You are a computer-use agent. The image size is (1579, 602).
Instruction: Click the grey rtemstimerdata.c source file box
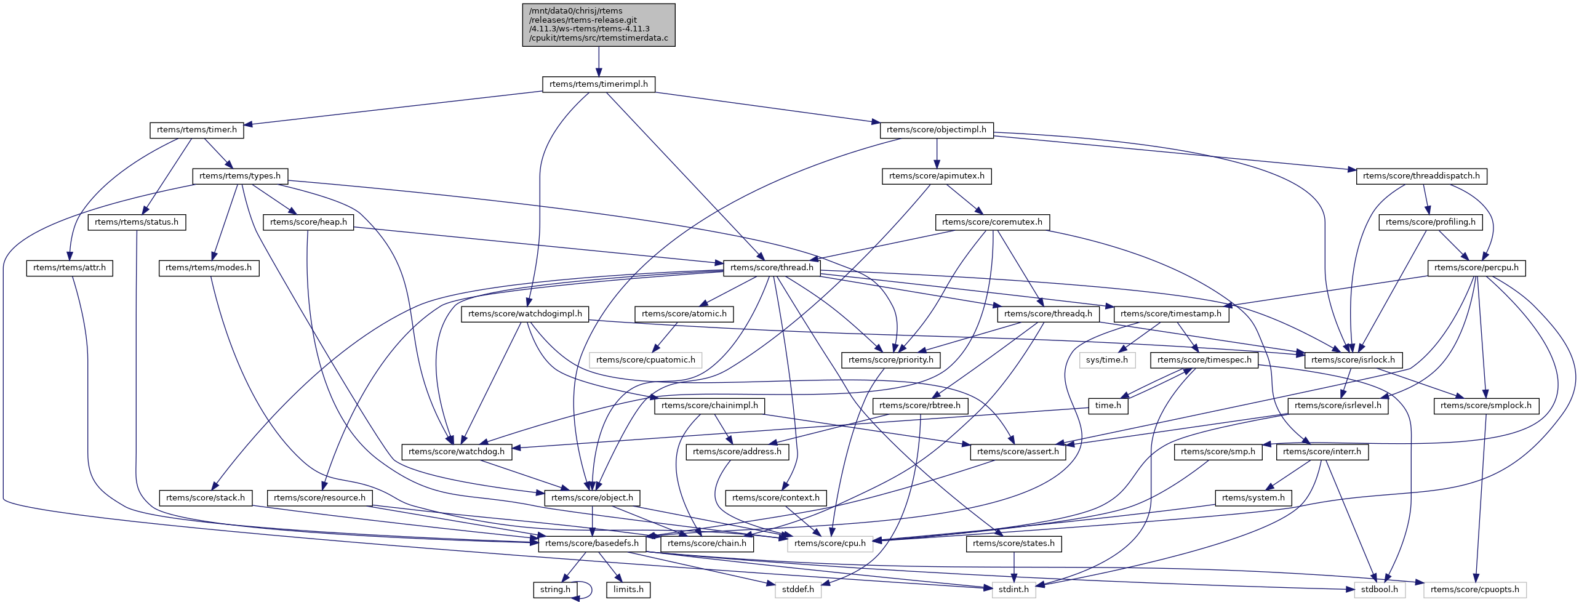(598, 25)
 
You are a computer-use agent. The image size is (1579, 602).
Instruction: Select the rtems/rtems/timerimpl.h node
(598, 84)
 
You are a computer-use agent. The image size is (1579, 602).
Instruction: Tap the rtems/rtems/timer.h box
(196, 130)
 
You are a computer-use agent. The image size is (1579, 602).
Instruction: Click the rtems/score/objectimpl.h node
(936, 130)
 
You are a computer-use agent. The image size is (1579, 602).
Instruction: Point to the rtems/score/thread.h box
(771, 268)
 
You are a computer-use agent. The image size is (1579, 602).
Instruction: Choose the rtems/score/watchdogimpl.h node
(525, 314)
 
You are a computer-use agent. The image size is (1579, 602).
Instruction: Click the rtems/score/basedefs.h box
(591, 544)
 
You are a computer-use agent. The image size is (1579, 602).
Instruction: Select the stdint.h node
(1013, 590)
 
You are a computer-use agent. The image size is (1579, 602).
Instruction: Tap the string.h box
(555, 590)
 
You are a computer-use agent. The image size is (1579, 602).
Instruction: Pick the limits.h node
(628, 590)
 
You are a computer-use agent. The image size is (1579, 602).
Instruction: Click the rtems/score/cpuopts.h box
(1474, 590)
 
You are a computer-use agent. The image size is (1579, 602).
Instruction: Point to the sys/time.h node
(1106, 360)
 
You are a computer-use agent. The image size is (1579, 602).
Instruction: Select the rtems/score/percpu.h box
(1476, 268)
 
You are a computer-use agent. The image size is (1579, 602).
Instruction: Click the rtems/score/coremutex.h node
(992, 222)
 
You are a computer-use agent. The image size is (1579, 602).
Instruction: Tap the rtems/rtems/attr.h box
(69, 268)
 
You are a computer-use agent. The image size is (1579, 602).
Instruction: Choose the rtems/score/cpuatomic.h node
(645, 360)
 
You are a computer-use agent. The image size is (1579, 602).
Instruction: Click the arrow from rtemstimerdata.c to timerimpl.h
(598, 62)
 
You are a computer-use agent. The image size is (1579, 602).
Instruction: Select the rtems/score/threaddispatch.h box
(1421, 176)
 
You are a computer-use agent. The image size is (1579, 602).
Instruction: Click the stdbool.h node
(1379, 590)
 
